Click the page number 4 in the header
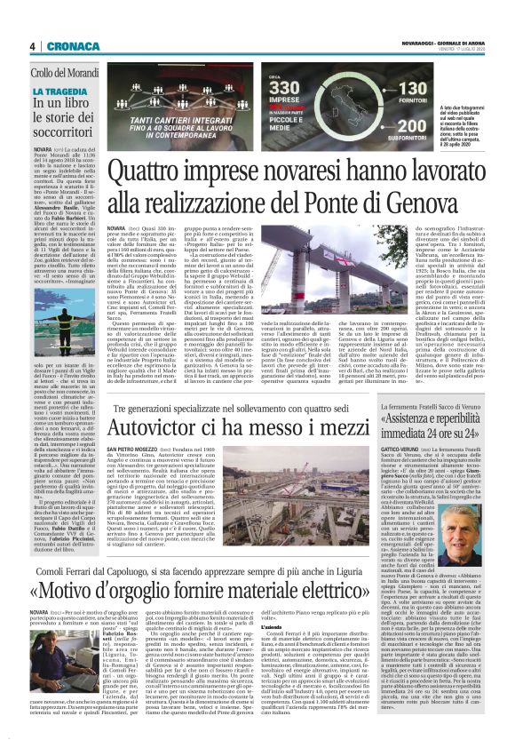[x=31, y=46]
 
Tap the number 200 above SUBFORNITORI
[x=413, y=130]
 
